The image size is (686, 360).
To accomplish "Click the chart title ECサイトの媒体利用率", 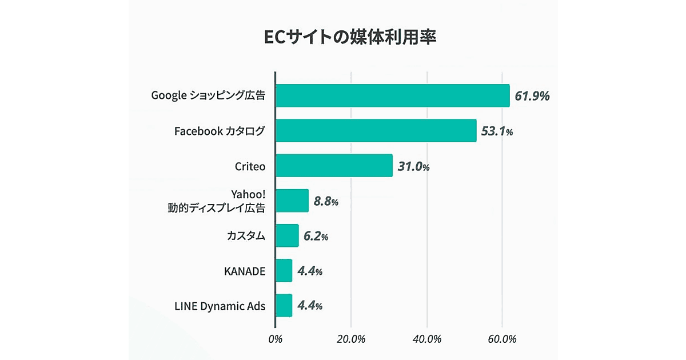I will [x=342, y=37].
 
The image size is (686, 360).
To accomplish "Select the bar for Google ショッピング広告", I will [x=392, y=95].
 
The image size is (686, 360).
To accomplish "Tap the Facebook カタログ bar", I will [x=376, y=131].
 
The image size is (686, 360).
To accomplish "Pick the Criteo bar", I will [x=334, y=166].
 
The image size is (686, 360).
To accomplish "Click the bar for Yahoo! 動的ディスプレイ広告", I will [x=292, y=201].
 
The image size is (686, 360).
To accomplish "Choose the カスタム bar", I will [x=287, y=235].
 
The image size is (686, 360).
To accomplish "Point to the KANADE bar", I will [x=284, y=270].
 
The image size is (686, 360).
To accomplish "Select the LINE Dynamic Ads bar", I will [x=284, y=306].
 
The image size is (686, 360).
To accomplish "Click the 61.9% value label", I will [x=532, y=95].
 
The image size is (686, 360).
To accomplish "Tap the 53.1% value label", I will [x=497, y=131].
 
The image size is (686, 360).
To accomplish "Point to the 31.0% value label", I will [x=413, y=166].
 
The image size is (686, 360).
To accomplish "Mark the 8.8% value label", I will [x=326, y=201].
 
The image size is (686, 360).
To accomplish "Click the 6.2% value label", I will [x=316, y=236].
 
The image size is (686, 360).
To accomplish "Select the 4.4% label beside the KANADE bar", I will [x=310, y=271].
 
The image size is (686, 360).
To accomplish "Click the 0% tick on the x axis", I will [x=275, y=339].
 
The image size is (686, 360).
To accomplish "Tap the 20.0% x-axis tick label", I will [x=350, y=339].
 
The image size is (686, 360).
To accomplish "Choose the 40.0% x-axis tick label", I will [x=426, y=339].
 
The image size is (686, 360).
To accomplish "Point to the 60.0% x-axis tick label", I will [x=502, y=339].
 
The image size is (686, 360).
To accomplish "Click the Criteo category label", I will [x=250, y=166].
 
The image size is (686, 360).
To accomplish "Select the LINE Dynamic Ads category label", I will [x=220, y=306].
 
